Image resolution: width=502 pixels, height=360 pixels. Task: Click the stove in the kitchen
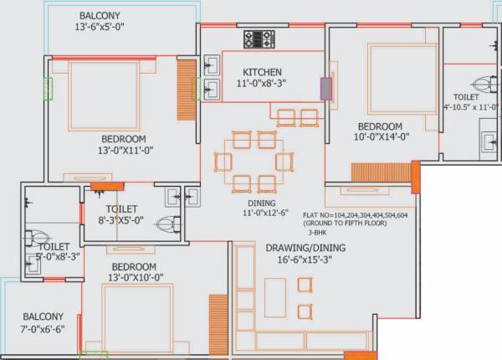pyautogui.click(x=259, y=39)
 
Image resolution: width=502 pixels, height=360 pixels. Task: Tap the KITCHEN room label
pyautogui.click(x=262, y=71)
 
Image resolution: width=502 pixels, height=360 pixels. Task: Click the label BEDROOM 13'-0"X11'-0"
pyautogui.click(x=124, y=145)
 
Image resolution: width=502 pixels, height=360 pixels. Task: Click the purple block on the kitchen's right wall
pyautogui.click(x=325, y=89)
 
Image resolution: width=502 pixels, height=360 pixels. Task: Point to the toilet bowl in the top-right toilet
pyautogui.click(x=480, y=84)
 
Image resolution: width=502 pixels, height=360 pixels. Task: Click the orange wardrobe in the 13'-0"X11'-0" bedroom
pyautogui.click(x=185, y=90)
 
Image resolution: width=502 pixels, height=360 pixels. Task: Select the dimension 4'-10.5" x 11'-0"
pyautogui.click(x=468, y=107)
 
